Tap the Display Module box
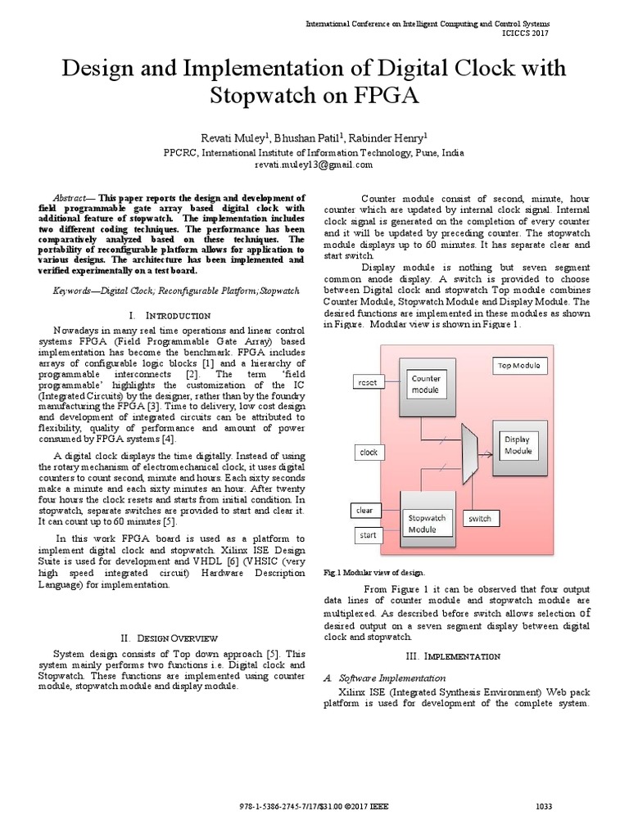tap(518, 445)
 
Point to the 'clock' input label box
tap(369, 452)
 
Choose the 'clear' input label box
tap(364, 511)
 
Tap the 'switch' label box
tap(479, 519)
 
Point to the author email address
tap(314, 164)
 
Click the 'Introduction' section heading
tap(171, 315)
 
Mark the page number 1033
tap(544, 806)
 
